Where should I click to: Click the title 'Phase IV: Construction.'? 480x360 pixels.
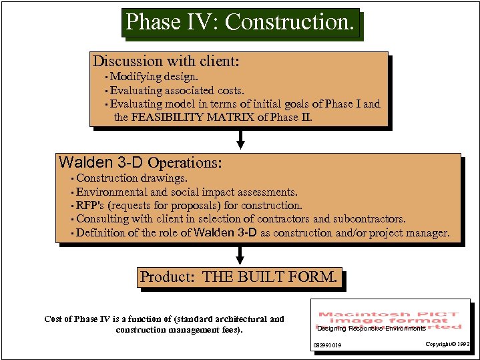240,22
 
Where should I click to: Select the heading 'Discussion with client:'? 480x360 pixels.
166,61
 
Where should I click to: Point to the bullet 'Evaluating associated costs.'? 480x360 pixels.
177,90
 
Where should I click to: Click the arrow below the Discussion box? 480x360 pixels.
241,139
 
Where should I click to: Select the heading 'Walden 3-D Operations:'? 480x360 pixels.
140,162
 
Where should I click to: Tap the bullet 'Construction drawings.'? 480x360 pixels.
132,178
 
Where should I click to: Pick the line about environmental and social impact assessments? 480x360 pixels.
186,192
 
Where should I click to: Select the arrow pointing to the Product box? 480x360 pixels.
240,256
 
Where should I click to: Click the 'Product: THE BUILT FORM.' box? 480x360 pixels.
239,277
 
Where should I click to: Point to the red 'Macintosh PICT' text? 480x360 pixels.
389,315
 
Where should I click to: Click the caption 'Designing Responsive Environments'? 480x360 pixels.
371,329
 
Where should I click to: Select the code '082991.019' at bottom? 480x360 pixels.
327,345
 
